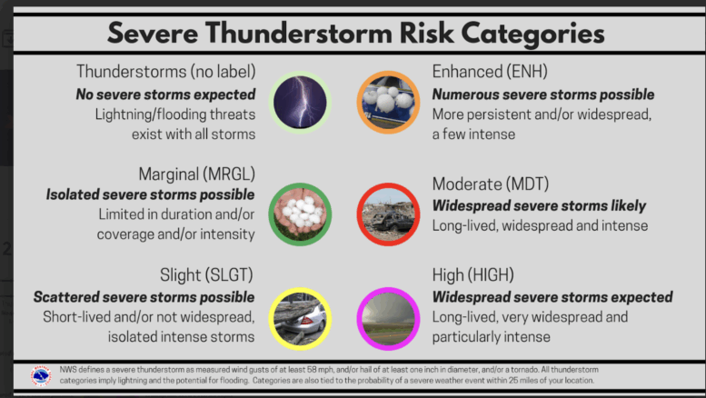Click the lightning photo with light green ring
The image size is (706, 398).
pyautogui.click(x=300, y=102)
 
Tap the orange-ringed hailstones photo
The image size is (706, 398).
pyautogui.click(x=388, y=102)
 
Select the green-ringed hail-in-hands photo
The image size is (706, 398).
pyautogui.click(x=300, y=214)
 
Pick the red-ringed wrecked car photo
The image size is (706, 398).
pyautogui.click(x=388, y=214)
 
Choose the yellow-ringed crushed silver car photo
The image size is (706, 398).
pyautogui.click(x=300, y=319)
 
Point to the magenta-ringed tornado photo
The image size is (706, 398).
pyautogui.click(x=388, y=319)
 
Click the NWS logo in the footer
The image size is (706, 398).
pyautogui.click(x=41, y=375)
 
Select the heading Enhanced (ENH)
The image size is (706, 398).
pyautogui.click(x=490, y=72)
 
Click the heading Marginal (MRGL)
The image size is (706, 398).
pyautogui.click(x=197, y=174)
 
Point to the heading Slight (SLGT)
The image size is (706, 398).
pyautogui.click(x=206, y=275)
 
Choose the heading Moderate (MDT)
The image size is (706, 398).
pyautogui.click(x=491, y=184)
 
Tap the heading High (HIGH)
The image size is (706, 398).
pyautogui.click(x=472, y=275)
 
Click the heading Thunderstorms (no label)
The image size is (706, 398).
pyautogui.click(x=165, y=72)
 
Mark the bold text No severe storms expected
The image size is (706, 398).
pyautogui.click(x=165, y=95)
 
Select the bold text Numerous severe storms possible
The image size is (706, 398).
pyautogui.click(x=543, y=95)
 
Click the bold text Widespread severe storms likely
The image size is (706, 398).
pyautogui.click(x=539, y=206)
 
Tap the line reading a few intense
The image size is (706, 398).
pyautogui.click(x=473, y=134)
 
